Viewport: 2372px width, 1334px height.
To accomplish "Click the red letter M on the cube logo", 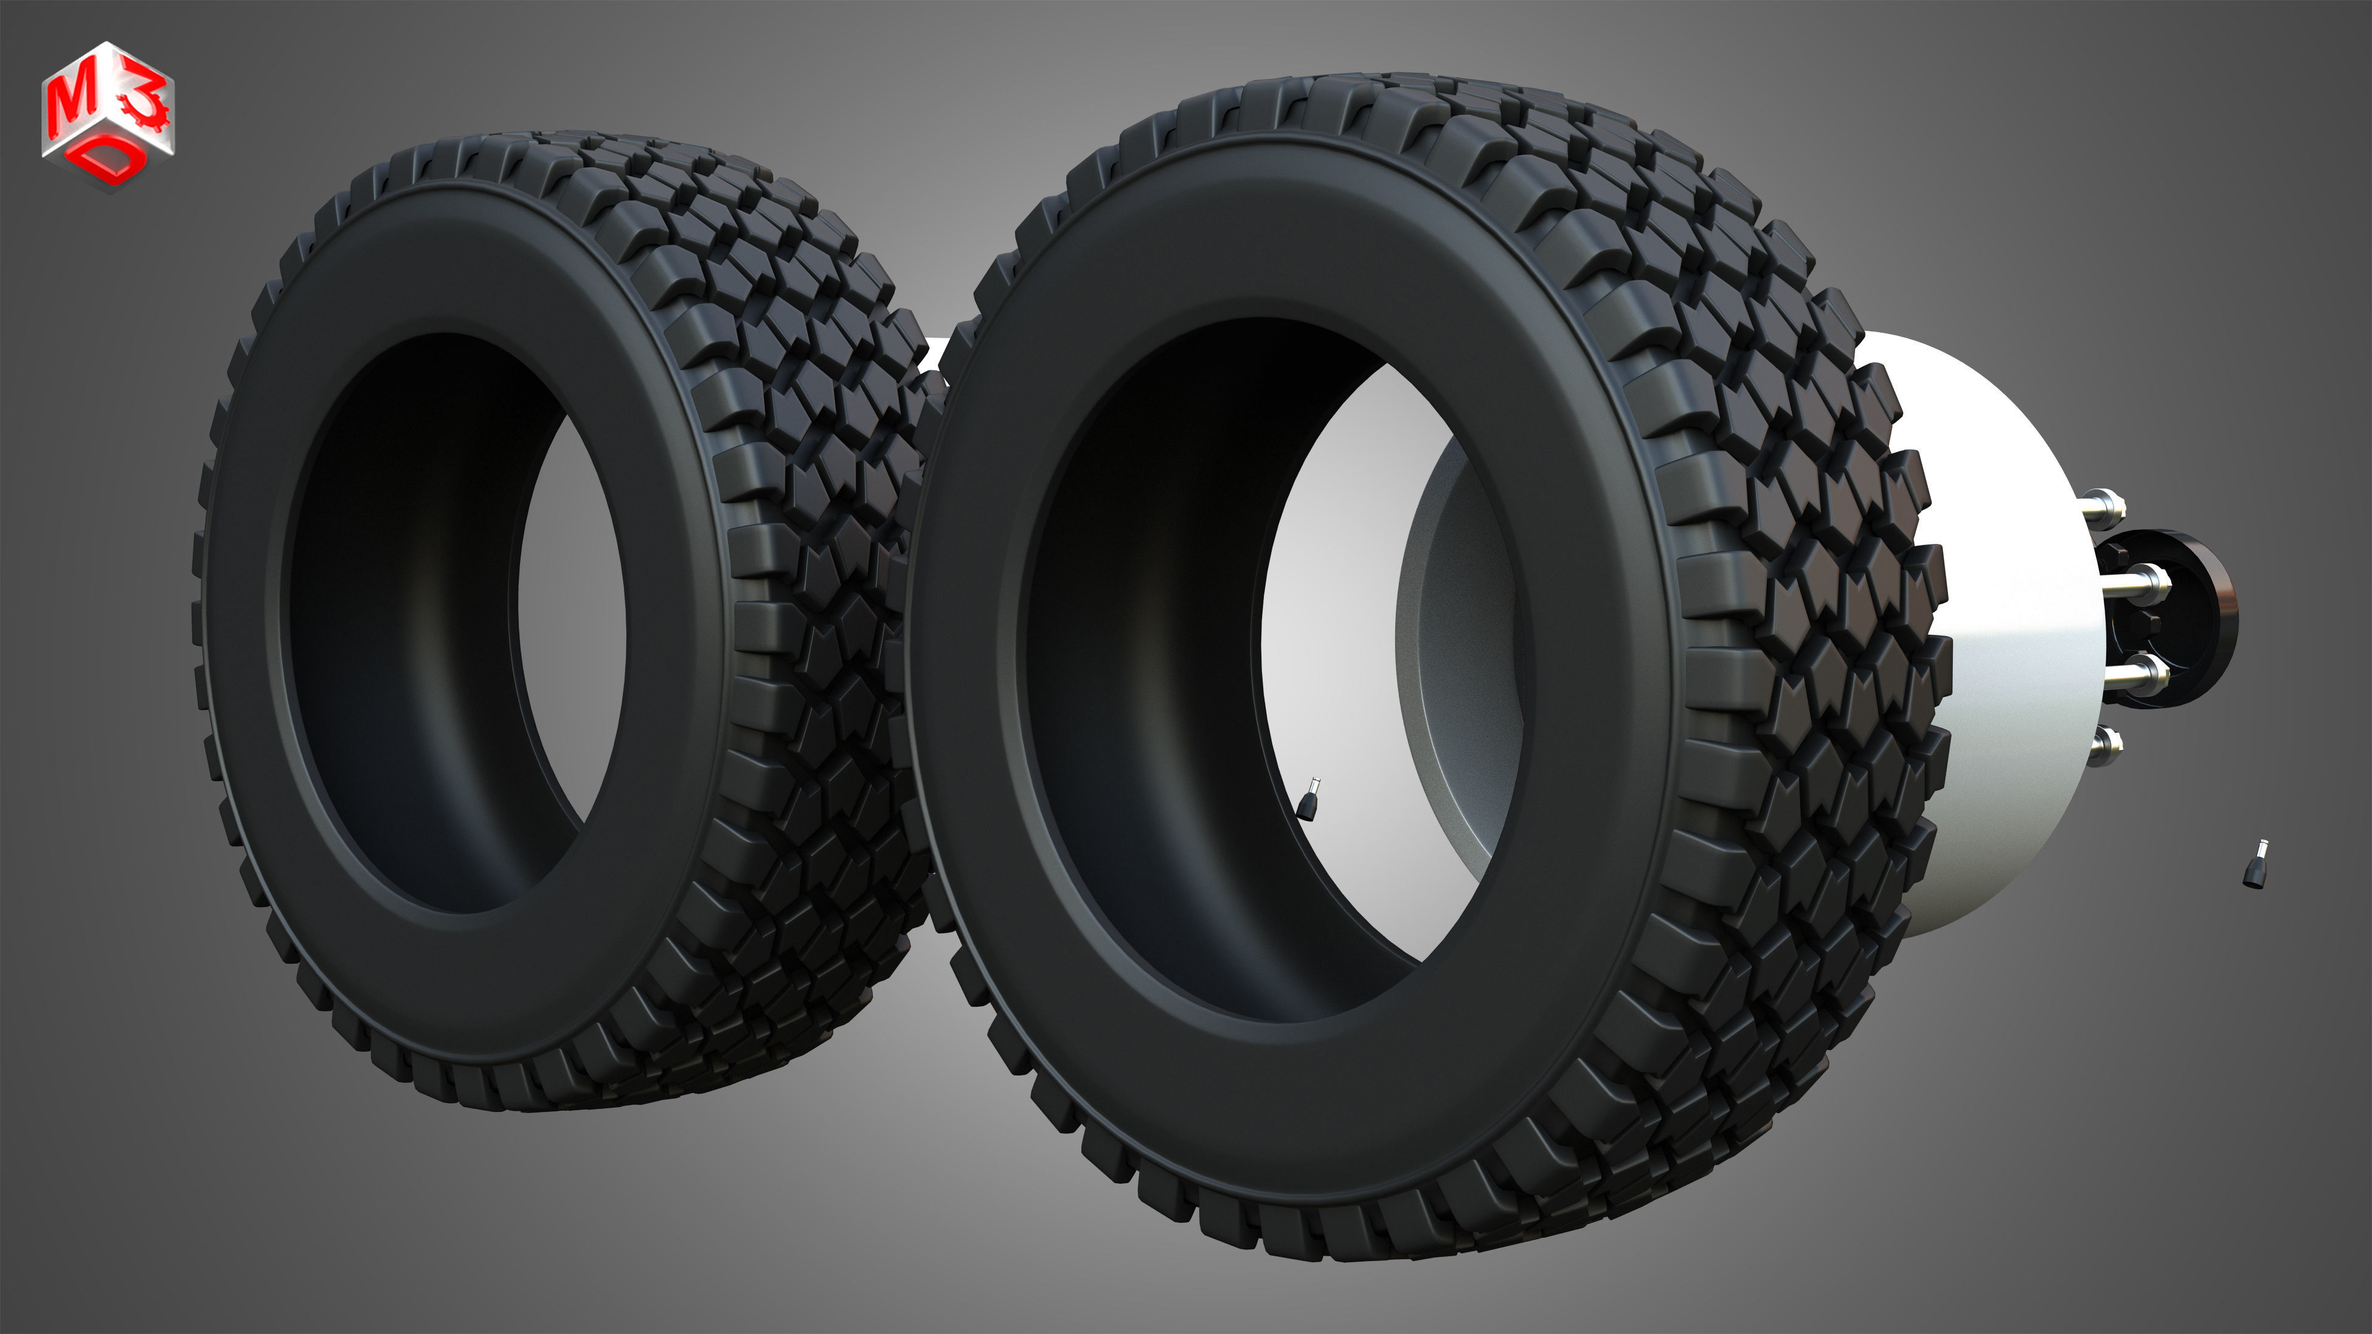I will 69,103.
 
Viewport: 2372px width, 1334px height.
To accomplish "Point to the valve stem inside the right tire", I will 1308,798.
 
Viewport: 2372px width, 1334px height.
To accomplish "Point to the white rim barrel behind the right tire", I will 2007,644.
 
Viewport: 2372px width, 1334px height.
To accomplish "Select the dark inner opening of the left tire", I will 414,626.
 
